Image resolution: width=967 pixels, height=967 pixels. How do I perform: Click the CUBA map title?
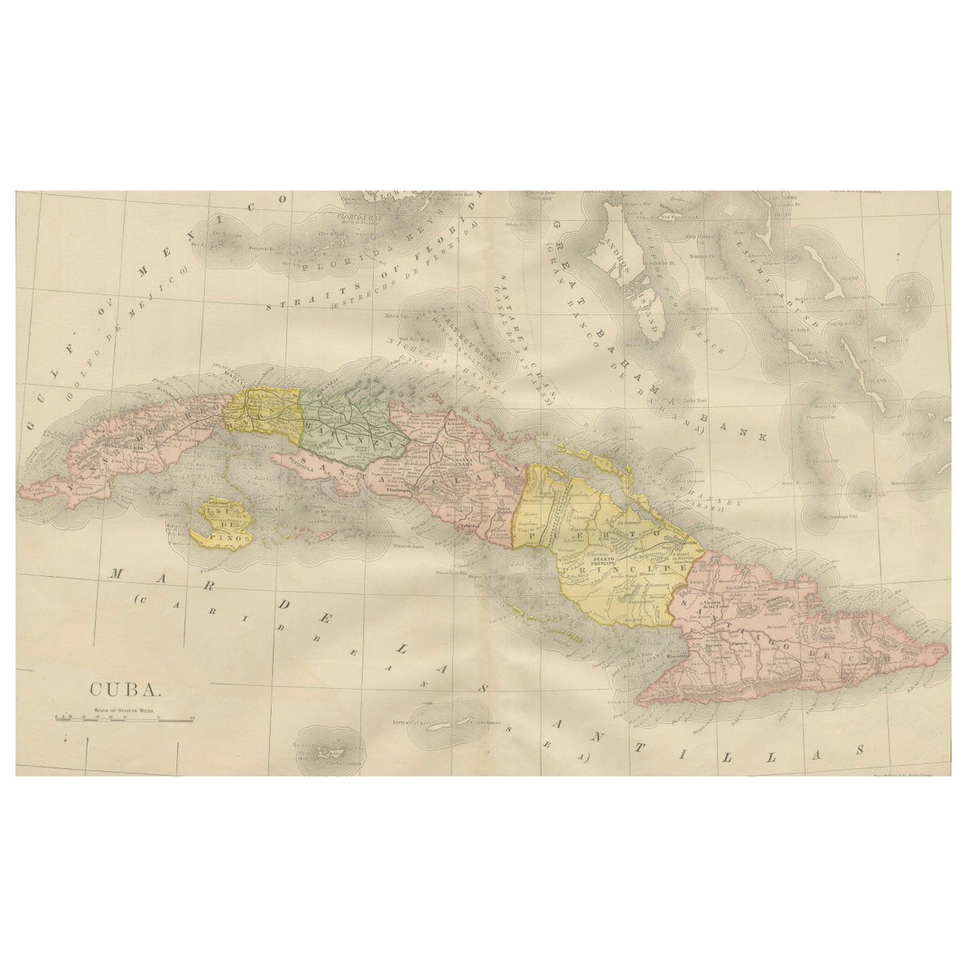tap(126, 690)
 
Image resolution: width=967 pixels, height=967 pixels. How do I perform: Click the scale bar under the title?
tap(124, 716)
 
